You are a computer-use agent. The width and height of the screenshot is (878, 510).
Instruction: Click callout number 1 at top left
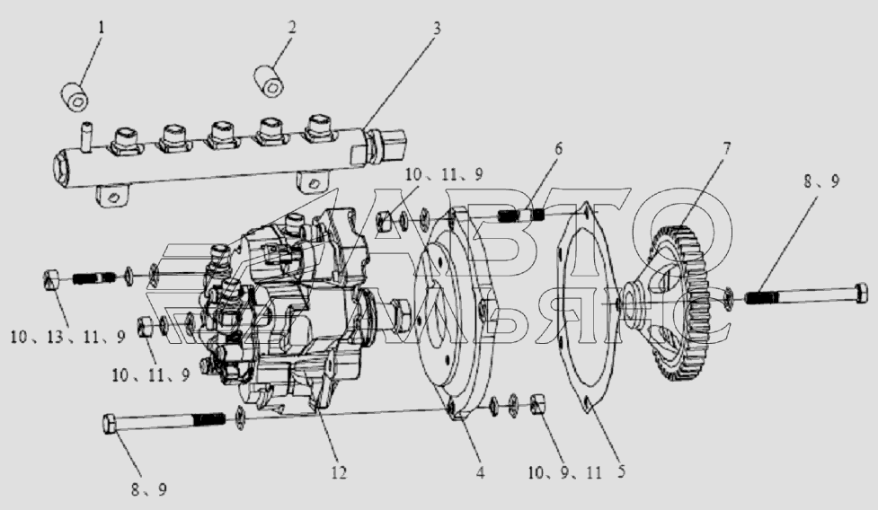102,28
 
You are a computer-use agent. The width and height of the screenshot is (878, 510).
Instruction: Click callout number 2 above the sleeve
291,28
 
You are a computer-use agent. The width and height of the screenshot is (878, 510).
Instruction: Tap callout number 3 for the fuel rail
437,28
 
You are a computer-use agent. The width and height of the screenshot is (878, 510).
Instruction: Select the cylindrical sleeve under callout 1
75,96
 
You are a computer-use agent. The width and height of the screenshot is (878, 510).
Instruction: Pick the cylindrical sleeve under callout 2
270,81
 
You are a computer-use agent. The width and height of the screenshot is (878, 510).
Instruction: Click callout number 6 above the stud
558,149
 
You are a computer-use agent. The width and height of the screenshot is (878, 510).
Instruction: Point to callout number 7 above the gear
726,149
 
